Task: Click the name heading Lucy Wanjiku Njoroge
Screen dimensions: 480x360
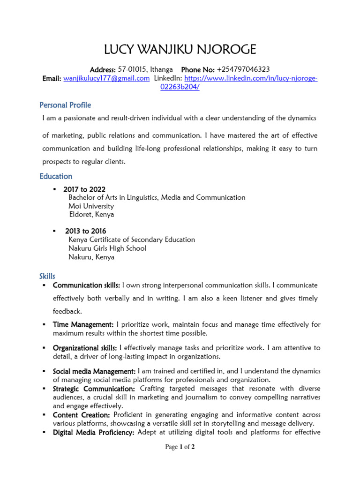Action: [x=180, y=49]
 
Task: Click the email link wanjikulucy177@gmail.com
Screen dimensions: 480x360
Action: [x=106, y=78]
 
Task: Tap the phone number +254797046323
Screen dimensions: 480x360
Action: [x=243, y=69]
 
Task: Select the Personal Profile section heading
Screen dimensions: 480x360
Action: [x=65, y=105]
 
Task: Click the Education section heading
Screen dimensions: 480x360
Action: [x=56, y=176]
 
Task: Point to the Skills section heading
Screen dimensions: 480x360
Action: [x=47, y=276]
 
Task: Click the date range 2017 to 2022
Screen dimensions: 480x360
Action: [x=84, y=189]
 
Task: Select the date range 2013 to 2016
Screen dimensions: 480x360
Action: [x=85, y=231]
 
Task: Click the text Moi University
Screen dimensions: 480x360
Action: [x=91, y=206]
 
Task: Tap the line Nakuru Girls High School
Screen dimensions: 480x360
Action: [x=107, y=248]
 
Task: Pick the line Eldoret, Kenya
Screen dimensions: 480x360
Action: [x=91, y=215]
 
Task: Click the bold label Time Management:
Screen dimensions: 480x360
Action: [x=83, y=324]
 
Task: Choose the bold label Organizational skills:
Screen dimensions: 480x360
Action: [x=85, y=348]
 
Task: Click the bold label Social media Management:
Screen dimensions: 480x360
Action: [x=94, y=371]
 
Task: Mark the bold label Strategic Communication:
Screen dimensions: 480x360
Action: [x=94, y=389]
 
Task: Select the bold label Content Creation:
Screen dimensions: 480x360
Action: [x=81, y=415]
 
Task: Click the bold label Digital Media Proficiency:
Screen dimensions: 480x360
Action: [x=94, y=432]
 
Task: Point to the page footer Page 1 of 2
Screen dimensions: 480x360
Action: [x=180, y=447]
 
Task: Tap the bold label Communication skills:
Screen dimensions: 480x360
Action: [x=86, y=285]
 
